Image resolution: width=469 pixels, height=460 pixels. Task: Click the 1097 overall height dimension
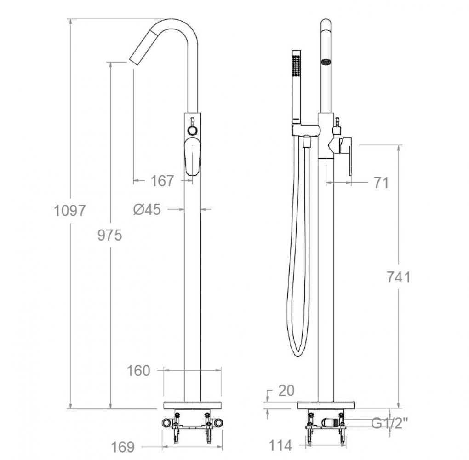click(70, 211)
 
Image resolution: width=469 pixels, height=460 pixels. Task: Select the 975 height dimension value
click(110, 235)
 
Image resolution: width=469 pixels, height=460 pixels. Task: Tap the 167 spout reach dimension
click(162, 181)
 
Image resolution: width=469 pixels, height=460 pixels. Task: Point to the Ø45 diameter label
click(147, 209)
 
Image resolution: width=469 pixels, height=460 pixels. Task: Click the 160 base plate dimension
click(138, 371)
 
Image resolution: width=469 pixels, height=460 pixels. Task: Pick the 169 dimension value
click(123, 447)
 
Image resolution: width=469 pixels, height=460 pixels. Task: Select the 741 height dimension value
click(399, 277)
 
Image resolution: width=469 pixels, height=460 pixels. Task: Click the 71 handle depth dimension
click(381, 183)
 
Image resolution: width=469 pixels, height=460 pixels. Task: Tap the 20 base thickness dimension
click(286, 391)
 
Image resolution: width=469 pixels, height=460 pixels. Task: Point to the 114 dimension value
click(280, 445)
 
